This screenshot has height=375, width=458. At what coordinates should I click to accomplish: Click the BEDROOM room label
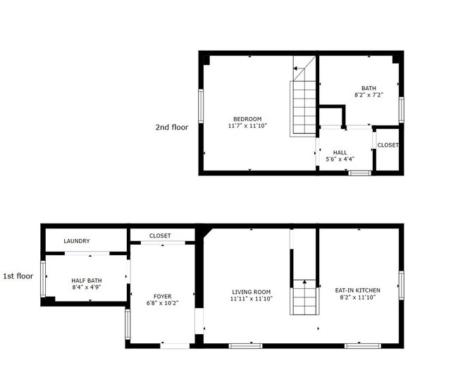point(247,118)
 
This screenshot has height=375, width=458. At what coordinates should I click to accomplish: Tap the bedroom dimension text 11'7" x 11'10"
point(247,126)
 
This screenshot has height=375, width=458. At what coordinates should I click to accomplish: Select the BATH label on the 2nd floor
point(369,87)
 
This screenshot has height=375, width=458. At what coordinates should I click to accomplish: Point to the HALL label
point(340,152)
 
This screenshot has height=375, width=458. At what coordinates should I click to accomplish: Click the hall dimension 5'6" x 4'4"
point(340,159)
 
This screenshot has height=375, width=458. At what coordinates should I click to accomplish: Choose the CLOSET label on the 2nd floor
point(388,145)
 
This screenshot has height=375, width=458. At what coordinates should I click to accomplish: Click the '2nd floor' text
point(172,128)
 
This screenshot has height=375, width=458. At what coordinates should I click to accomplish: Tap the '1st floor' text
point(18,276)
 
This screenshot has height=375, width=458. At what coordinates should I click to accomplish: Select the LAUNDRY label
point(77,241)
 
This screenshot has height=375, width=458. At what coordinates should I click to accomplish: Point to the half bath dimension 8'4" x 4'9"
point(86,288)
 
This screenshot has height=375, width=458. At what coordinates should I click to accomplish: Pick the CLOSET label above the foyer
point(160,236)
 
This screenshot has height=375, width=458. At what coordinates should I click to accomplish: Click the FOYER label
point(162,296)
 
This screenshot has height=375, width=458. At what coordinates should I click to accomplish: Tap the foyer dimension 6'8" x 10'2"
point(162,304)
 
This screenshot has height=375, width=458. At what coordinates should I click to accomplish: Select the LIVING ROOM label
point(252,291)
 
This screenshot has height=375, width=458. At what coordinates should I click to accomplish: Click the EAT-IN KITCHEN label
point(358,290)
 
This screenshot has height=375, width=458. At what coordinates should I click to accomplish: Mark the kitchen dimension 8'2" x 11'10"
point(358,298)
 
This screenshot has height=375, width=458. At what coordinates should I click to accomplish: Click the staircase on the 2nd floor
point(303,106)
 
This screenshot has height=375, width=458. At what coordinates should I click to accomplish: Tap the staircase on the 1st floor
point(304,296)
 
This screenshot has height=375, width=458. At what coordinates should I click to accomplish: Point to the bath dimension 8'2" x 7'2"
point(369,95)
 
